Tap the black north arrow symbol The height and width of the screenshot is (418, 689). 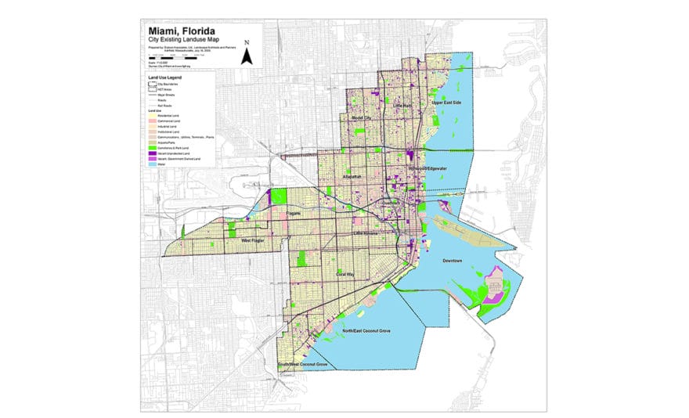(x=247, y=54)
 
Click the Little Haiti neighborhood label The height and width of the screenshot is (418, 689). (x=403, y=105)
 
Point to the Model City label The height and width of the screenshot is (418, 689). (x=361, y=117)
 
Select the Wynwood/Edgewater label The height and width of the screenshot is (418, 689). (x=427, y=168)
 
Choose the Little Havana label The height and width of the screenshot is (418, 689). (x=366, y=233)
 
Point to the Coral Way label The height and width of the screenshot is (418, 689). (x=345, y=275)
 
